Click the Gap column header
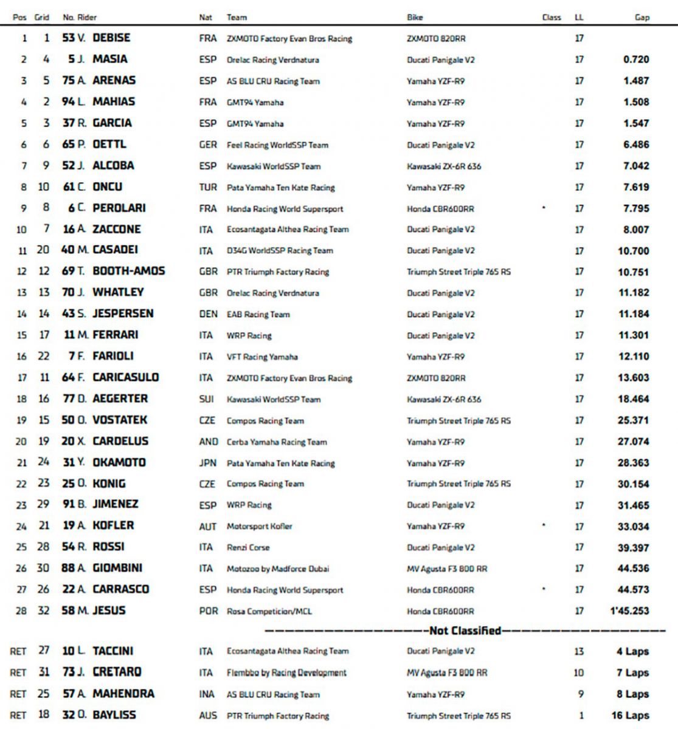tap(642, 17)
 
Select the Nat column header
tap(206, 17)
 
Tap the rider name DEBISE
tap(111, 38)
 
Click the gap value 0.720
tap(636, 60)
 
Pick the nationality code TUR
tap(207, 187)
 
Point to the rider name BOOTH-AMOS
tap(128, 272)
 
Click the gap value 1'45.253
tap(629, 611)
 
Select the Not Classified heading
tap(465, 631)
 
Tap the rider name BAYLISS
tap(114, 715)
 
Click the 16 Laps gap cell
tap(630, 716)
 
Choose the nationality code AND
tap(208, 442)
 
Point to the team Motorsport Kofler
tap(259, 526)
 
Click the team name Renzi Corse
tap(247, 547)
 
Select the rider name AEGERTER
tap(120, 399)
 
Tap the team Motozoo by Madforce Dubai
tap(277, 569)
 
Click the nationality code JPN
tap(207, 463)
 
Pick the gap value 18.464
tap(633, 399)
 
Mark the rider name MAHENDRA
tap(123, 694)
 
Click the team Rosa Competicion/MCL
tap(269, 611)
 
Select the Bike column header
tap(415, 17)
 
